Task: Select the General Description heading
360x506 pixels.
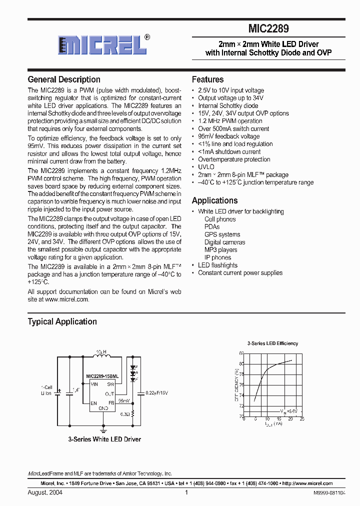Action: pyautogui.click(x=64, y=79)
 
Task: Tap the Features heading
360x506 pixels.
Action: pyautogui.click(x=207, y=79)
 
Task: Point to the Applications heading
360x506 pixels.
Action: pyautogui.click(x=214, y=200)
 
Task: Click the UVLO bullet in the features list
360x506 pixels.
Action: pyautogui.click(x=206, y=167)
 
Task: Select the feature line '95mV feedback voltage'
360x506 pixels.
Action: pyautogui.click(x=228, y=136)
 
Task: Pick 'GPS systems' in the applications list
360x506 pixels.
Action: pyautogui.click(x=222, y=234)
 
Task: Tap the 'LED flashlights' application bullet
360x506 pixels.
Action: pyautogui.click(x=217, y=265)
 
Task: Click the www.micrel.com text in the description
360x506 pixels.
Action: pyautogui.click(x=66, y=299)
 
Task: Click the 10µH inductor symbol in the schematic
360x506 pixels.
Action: pyautogui.click(x=102, y=357)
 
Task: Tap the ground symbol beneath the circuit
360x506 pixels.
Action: pyautogui.click(x=103, y=428)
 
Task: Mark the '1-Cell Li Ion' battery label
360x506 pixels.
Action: pyautogui.click(x=46, y=390)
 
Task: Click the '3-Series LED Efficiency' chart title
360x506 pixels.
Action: pyautogui.click(x=272, y=343)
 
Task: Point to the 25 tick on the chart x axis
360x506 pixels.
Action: pyautogui.click(x=302, y=419)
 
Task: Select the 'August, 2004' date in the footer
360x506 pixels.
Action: pyautogui.click(x=45, y=492)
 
